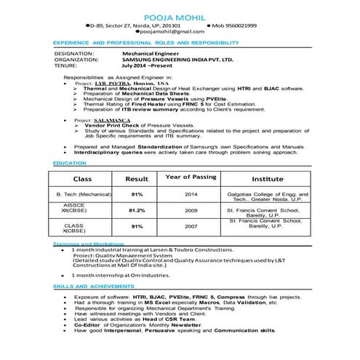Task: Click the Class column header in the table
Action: click(x=81, y=178)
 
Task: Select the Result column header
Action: click(x=137, y=178)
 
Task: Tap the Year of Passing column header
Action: click(x=191, y=177)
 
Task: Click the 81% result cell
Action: click(x=137, y=195)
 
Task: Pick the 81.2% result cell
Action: click(x=137, y=210)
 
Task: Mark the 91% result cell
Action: click(x=137, y=226)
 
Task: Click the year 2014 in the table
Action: click(x=191, y=195)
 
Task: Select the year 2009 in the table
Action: click(x=191, y=210)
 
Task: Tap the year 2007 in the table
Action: click(x=191, y=226)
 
